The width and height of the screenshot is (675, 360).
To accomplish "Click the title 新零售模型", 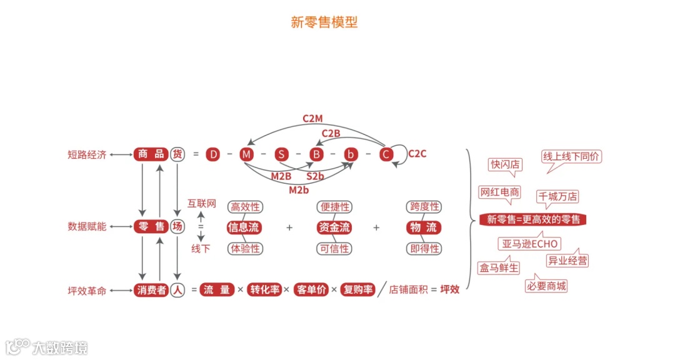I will (324, 22).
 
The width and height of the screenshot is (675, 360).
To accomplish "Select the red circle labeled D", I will (214, 154).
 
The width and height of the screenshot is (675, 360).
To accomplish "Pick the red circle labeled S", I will (281, 154).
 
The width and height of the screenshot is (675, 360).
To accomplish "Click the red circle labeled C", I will (386, 154).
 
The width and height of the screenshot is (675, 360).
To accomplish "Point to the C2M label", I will (312, 117).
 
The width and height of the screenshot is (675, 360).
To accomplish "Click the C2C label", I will (417, 154).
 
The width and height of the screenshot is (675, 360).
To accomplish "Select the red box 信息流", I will (244, 227).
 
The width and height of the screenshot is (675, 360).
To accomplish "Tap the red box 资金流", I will (334, 227).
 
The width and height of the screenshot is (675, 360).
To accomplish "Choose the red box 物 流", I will (424, 227).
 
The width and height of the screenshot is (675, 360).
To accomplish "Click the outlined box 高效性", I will (245, 207).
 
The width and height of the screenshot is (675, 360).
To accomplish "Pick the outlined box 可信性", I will (334, 249).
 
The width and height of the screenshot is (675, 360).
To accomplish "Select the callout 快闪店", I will (505, 164).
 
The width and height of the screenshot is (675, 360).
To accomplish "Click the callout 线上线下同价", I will (571, 157).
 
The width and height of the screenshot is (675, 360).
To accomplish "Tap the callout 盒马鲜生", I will (499, 268).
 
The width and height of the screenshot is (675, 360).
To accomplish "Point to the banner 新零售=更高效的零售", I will (533, 219).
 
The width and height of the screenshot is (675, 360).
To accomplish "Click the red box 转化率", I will (265, 290).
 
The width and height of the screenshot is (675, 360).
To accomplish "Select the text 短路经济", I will (87, 154).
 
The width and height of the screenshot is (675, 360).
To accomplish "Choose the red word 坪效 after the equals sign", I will (450, 290).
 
